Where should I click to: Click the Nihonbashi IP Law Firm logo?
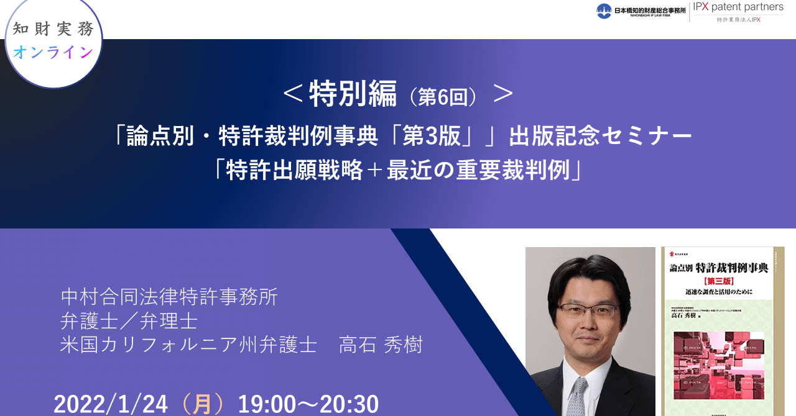tap(641, 11)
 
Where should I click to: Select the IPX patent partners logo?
tap(738, 12)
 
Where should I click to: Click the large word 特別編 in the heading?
tap(353, 95)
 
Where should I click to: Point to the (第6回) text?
tap(443, 97)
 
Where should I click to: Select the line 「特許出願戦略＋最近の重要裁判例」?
tap(397, 170)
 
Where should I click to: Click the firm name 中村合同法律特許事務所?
tap(169, 297)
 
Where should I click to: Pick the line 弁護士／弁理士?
tap(129, 321)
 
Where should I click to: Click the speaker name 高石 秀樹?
tap(381, 345)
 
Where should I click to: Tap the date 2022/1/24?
tap(111, 404)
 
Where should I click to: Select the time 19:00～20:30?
tap(308, 404)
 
